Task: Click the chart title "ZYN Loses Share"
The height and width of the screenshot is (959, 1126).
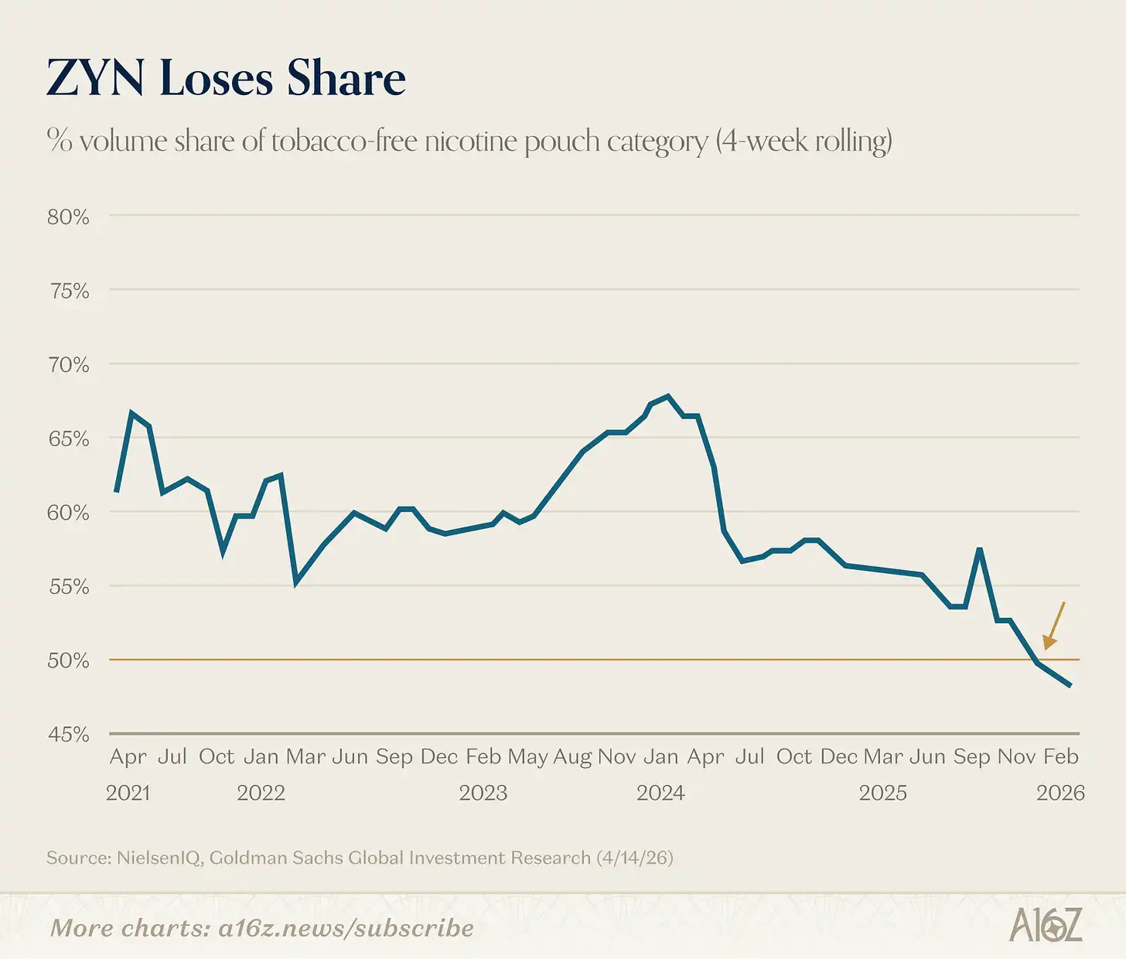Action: coord(226,79)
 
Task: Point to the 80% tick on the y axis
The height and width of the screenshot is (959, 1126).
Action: coord(68,217)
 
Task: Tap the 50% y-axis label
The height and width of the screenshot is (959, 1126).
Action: coord(68,660)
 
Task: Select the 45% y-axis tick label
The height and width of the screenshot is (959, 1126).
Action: coord(68,734)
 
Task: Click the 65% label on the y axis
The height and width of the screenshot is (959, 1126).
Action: coord(68,439)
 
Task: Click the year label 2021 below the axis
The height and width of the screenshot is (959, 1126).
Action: coord(128,793)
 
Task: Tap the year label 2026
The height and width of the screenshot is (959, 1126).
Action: coord(1060,793)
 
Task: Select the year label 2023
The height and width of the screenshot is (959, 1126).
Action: coord(483,793)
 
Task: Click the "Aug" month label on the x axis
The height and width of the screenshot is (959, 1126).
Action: coord(572,756)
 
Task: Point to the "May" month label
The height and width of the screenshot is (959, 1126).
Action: coord(527,756)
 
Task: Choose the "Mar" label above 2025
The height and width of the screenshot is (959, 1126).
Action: coord(883,756)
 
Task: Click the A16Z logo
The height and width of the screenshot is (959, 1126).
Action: coord(1045,926)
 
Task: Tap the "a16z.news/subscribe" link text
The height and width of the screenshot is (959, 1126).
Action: coord(346,928)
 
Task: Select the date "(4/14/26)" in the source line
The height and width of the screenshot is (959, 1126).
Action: coord(634,858)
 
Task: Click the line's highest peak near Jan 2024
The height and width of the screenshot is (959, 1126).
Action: coord(668,396)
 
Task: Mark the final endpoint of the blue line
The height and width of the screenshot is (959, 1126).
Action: coord(1070,685)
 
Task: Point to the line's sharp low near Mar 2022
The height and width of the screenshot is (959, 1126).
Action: coord(296,582)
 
